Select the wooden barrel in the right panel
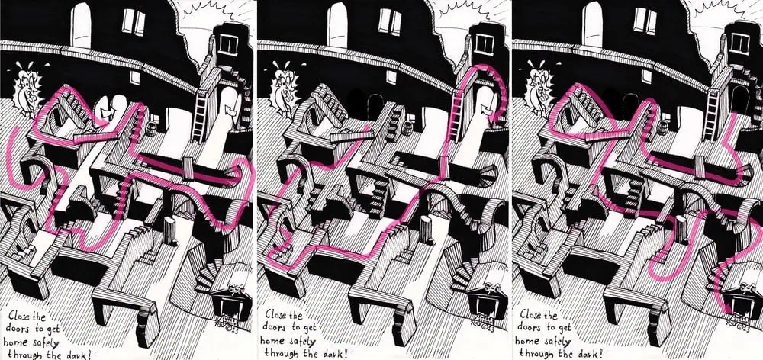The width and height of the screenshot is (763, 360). coord(662,128)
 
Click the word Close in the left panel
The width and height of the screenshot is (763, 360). coord(21,317)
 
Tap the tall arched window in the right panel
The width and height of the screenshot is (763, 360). coord(592,24)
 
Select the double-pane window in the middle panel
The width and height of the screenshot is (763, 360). coord(390,21)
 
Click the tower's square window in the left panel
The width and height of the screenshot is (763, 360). coord(227,44)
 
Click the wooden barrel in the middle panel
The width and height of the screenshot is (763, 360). coord(407,128)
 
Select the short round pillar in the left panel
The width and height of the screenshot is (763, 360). coord(170,230)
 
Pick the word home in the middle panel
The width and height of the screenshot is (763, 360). coord(272,341)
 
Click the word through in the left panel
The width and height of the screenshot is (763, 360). coord(24,354)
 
